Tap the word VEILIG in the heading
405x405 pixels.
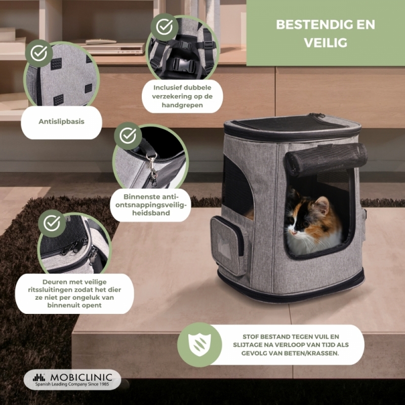coord(326,43)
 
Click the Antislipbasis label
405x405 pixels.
coord(61,121)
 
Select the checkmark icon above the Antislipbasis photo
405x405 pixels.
coord(39,53)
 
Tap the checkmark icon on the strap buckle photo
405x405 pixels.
coord(164,27)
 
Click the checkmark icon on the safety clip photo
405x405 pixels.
coord(128,136)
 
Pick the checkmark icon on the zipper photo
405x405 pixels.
coord(52,223)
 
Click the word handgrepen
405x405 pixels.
coord(182,105)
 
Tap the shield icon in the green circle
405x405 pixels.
coord(199,345)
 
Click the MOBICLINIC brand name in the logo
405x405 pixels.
coord(81,377)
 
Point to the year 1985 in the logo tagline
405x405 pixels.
coord(104,384)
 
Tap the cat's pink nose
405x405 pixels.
coord(293,232)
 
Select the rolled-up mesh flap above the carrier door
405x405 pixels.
coord(326,158)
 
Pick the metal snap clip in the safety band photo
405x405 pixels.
coord(153,168)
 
